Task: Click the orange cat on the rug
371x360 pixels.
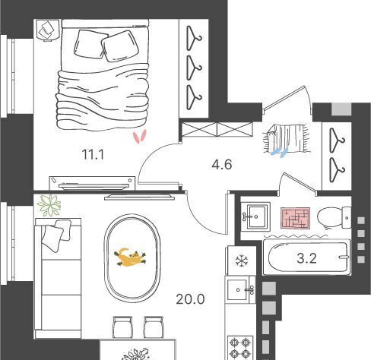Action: (x=130, y=257)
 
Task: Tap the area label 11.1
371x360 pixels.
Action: (x=93, y=154)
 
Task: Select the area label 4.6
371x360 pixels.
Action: (x=222, y=165)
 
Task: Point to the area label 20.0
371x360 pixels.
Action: (x=190, y=299)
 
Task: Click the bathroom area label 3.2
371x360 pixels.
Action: (x=306, y=259)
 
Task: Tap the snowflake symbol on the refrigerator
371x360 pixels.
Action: (x=242, y=261)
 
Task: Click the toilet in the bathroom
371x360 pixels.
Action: (x=335, y=217)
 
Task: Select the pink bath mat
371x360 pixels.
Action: (x=296, y=218)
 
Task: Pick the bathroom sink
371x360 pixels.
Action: (x=255, y=216)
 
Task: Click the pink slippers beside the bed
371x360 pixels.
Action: (x=140, y=137)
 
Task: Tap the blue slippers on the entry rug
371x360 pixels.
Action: (x=280, y=152)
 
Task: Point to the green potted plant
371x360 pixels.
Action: (x=49, y=205)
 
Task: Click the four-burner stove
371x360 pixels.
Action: (x=240, y=348)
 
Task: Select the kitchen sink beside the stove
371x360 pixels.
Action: (x=240, y=290)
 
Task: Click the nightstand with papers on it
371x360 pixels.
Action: (x=48, y=30)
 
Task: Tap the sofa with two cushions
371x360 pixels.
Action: (x=58, y=278)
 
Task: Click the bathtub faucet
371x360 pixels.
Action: (x=344, y=257)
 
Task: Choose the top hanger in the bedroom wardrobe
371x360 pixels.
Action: (x=194, y=38)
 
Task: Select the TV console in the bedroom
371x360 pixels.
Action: (x=93, y=183)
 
